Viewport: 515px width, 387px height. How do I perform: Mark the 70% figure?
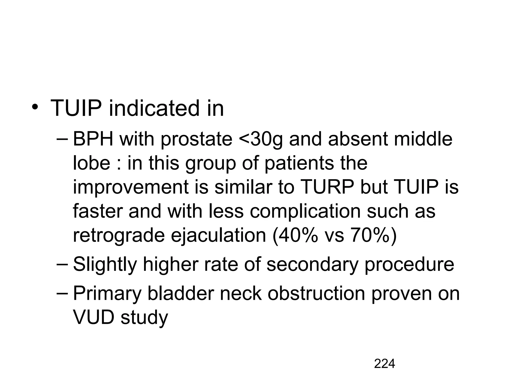pyautogui.click(x=370, y=235)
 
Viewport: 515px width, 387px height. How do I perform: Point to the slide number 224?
pyautogui.click(x=384, y=364)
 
